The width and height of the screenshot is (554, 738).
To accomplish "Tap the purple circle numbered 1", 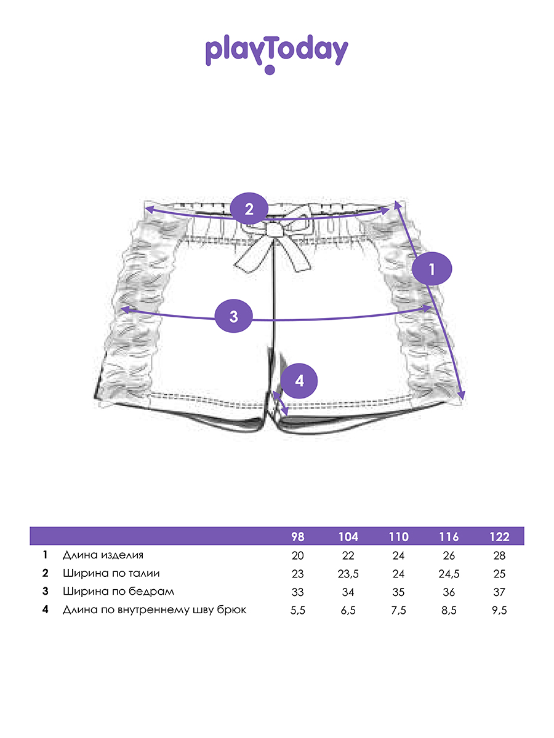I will [432, 269].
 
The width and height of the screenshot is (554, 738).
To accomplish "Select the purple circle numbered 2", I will [249, 208].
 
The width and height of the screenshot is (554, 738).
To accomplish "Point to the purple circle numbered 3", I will [233, 317].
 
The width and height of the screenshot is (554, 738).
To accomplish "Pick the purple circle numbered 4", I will [299, 381].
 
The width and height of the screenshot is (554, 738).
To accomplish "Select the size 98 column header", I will [297, 537].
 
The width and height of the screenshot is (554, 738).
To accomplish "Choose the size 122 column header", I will [499, 537].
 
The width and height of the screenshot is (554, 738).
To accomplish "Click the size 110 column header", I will [398, 537].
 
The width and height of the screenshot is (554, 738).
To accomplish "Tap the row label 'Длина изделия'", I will [103, 555].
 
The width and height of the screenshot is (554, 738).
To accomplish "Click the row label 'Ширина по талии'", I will [111, 574].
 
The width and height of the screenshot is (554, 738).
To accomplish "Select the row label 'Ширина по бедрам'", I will [118, 592].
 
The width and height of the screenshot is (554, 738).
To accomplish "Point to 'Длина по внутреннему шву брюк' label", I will [155, 610].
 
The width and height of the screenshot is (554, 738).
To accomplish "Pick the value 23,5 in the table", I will [348, 574].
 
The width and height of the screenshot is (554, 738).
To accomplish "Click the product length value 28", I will [499, 555].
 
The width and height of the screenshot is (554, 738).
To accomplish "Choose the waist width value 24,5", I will [449, 574].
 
